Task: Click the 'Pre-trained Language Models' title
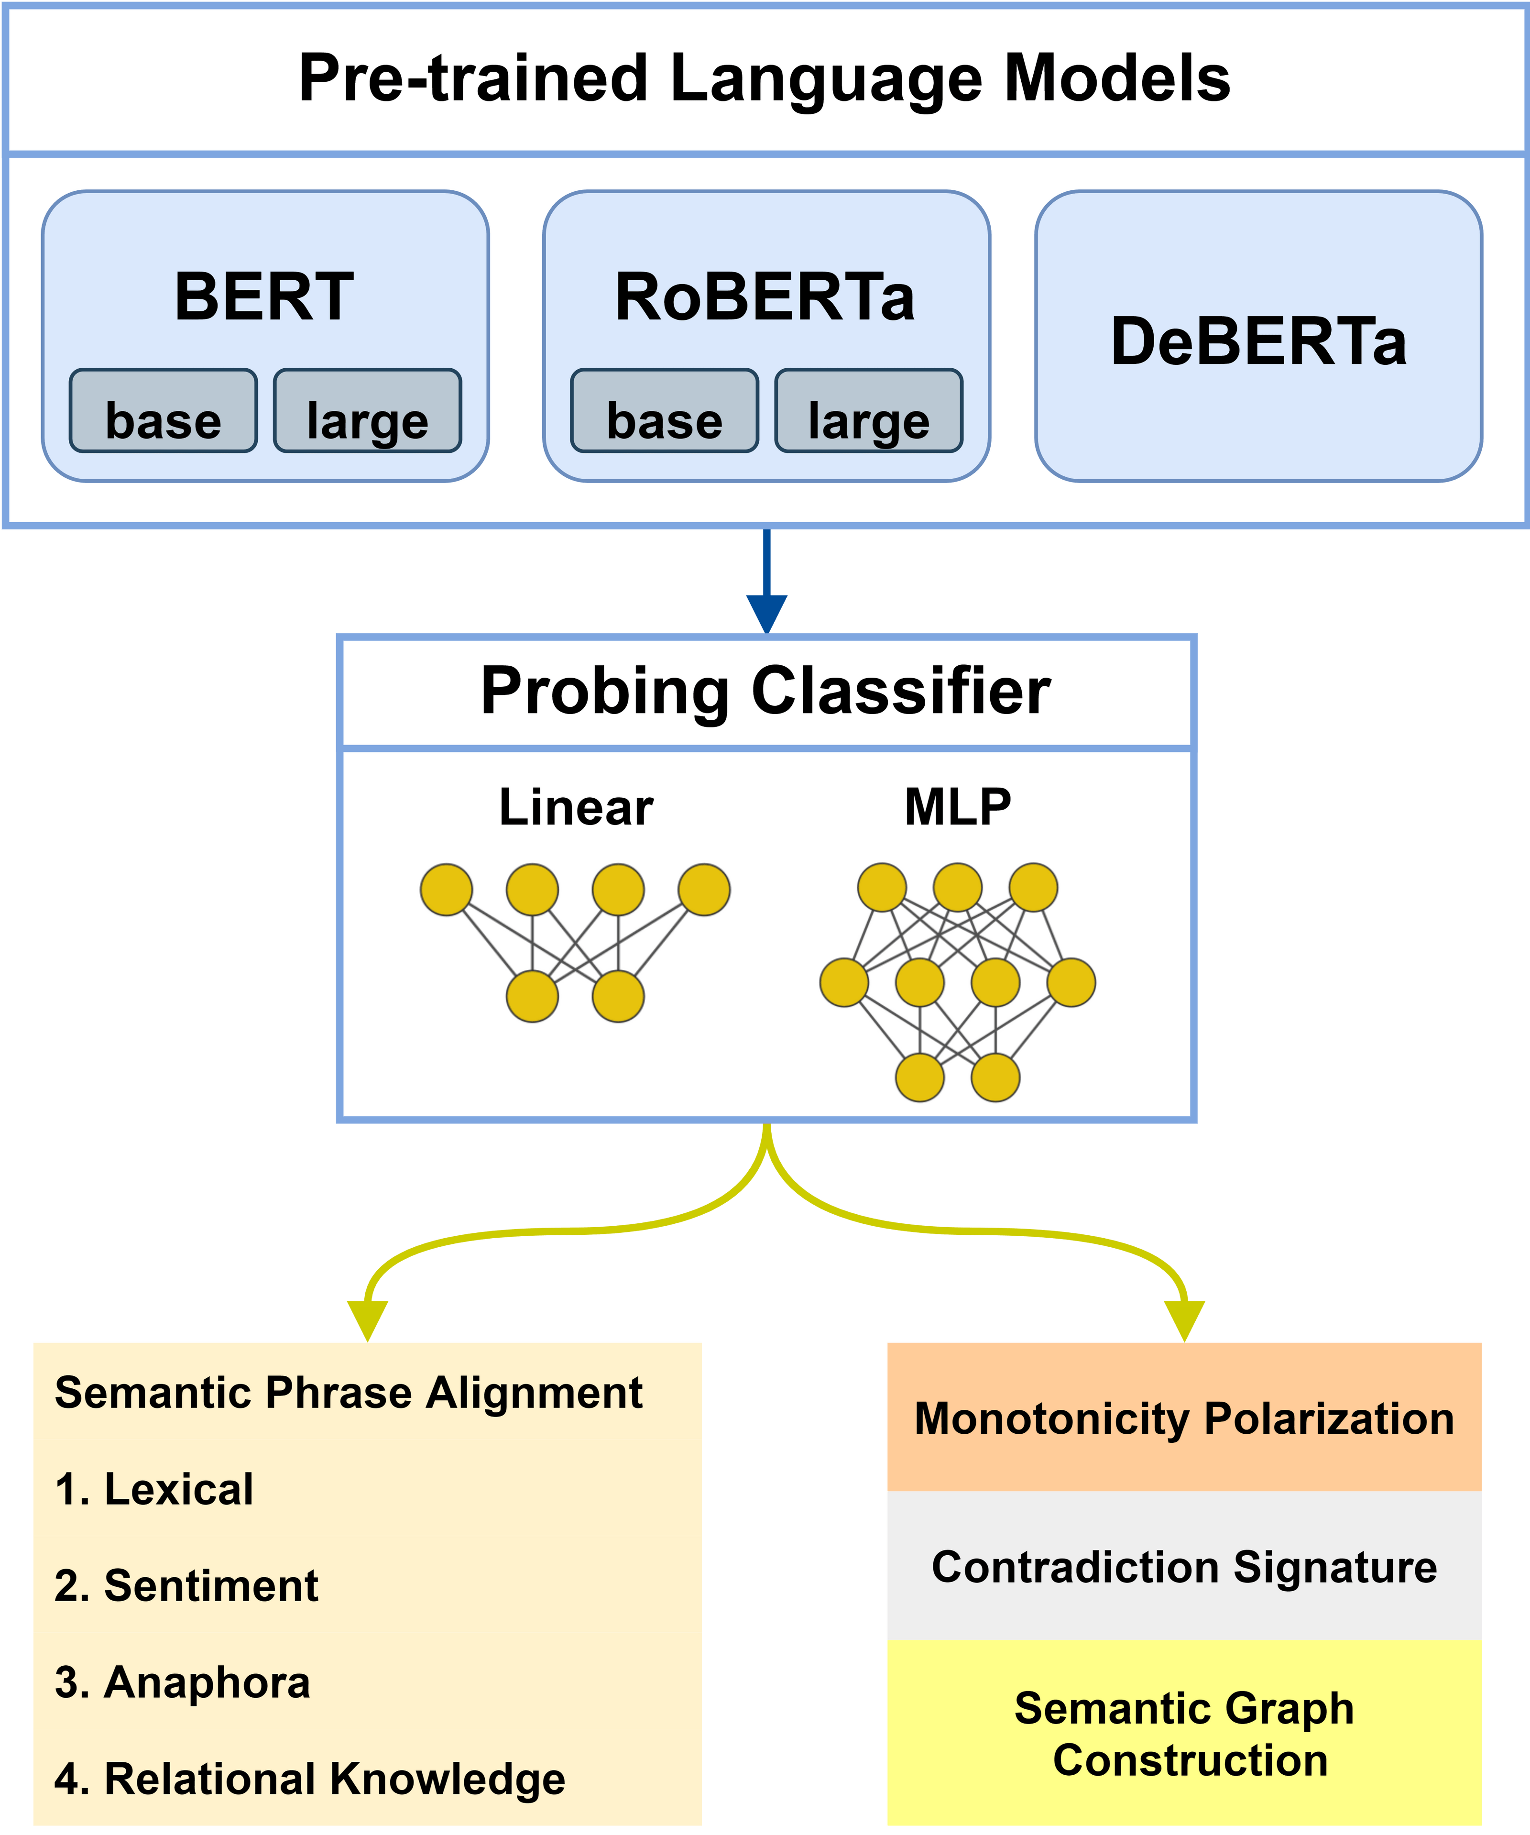(x=765, y=78)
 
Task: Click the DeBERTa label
(x=1258, y=341)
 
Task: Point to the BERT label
(x=264, y=297)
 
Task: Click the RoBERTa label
(x=765, y=297)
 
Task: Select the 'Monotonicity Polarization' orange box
(x=1184, y=1417)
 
